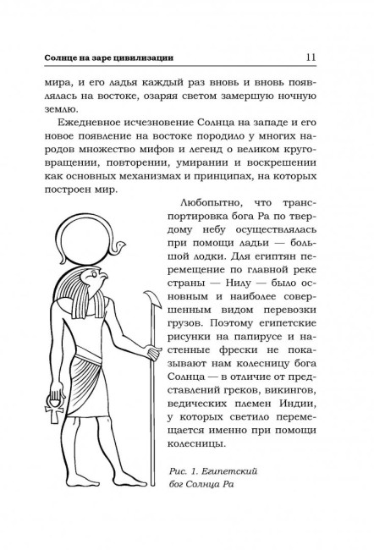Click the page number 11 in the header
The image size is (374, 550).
point(310,57)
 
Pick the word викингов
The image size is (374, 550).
point(287,420)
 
